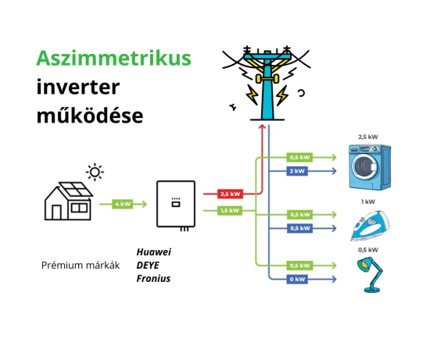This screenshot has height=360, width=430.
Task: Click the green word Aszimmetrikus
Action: (113, 59)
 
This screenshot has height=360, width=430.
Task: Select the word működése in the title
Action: (90, 116)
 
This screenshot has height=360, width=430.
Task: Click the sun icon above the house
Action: (95, 171)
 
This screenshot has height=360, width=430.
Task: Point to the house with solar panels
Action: (68, 201)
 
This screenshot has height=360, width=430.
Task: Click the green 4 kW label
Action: (123, 204)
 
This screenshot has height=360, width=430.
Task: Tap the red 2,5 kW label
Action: (230, 194)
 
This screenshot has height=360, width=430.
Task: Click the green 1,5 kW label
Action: (230, 210)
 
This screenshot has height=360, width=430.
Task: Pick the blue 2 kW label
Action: (298, 170)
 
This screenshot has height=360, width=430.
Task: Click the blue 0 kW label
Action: (298, 279)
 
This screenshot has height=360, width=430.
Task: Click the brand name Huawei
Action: (153, 251)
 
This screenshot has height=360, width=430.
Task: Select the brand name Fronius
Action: (153, 278)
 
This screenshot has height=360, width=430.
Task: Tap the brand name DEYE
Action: (148, 265)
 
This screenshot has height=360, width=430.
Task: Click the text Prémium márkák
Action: (81, 266)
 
